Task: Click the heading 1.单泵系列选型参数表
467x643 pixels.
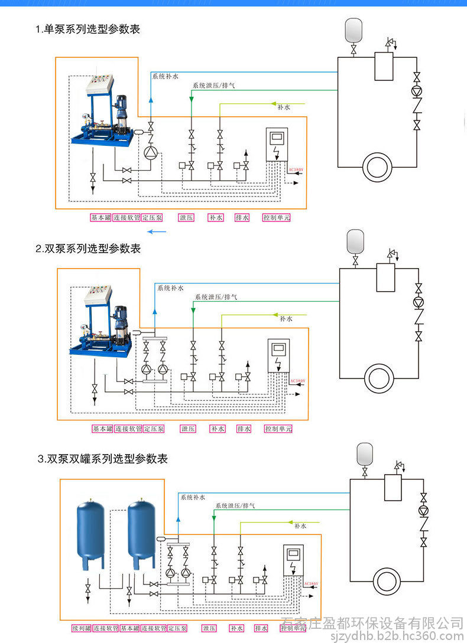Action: pos(87,29)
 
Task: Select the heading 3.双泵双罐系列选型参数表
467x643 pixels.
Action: pos(103,459)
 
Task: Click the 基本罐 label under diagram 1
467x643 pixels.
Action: pos(100,217)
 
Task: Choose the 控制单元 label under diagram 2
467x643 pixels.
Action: pos(278,429)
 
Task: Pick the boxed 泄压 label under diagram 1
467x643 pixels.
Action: pos(187,217)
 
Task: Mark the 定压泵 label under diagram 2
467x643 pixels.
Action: pos(154,429)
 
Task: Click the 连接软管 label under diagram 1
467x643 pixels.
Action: pos(127,217)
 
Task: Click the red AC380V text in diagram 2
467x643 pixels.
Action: pos(297,381)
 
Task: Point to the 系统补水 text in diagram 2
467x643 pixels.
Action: pos(170,288)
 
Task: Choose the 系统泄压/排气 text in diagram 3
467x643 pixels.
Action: pos(235,506)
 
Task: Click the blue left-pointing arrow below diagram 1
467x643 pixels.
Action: pos(157,231)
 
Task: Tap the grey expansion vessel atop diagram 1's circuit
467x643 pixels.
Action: pos(354,30)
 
